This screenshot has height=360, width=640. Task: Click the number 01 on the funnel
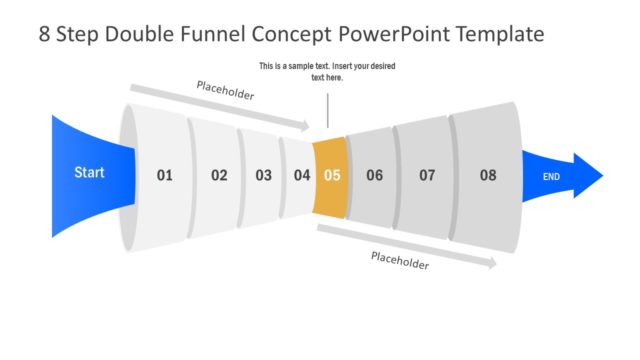pyautogui.click(x=165, y=175)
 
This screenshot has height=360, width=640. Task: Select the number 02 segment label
pyautogui.click(x=219, y=175)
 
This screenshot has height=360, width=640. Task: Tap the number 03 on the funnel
pyautogui.click(x=263, y=175)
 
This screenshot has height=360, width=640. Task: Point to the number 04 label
pyautogui.click(x=302, y=175)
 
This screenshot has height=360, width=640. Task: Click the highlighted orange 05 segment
pyautogui.click(x=332, y=176)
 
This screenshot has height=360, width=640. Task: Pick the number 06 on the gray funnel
pyautogui.click(x=374, y=175)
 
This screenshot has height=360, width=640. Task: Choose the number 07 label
pyautogui.click(x=427, y=175)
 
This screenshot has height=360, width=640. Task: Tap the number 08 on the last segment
pyautogui.click(x=488, y=175)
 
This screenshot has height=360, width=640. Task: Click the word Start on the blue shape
pyautogui.click(x=89, y=173)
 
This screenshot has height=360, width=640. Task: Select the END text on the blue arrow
pyautogui.click(x=551, y=177)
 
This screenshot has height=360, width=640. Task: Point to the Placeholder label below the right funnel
pyautogui.click(x=400, y=261)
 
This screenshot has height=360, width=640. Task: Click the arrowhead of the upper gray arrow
pyautogui.click(x=305, y=126)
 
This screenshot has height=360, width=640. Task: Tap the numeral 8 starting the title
pyautogui.click(x=44, y=34)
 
